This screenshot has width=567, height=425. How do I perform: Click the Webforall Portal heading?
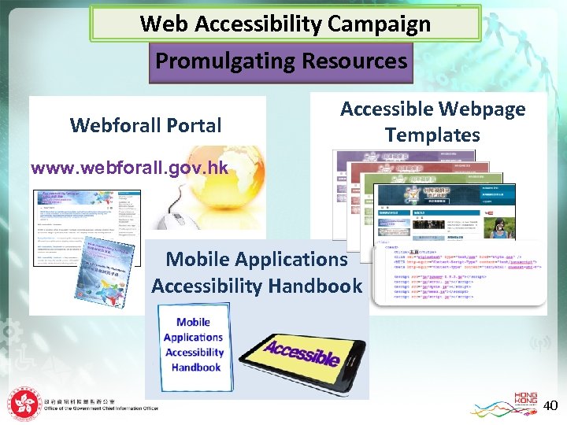pos(146,125)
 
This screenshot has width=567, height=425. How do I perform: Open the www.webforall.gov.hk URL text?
pos(129,168)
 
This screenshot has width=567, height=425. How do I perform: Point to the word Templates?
pos(432,135)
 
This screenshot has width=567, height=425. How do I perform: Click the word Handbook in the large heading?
pos(313,286)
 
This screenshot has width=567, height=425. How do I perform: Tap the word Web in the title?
pos(164,24)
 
